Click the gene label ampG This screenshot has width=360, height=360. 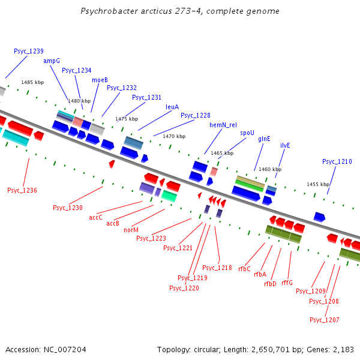click(52, 61)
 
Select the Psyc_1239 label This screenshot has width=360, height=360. click(29, 51)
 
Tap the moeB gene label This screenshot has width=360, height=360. click(100, 80)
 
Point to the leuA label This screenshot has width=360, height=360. click(172, 107)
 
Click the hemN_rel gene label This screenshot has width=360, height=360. click(223, 125)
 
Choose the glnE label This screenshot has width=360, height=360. click(264, 139)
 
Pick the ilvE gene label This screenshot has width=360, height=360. click(285, 145)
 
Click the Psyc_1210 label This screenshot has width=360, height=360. click(337, 161)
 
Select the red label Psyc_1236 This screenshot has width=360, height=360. click(22, 190)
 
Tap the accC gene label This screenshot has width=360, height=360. click(95, 217)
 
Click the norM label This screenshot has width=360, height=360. click(131, 230)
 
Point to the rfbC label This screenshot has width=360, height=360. click(244, 269)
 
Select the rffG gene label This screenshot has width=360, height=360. click(287, 283)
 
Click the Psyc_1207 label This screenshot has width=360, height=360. click(325, 320)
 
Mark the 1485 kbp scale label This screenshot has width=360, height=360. click(32, 82)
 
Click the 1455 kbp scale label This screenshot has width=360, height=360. click(318, 184)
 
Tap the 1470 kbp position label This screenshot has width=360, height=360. click(174, 136)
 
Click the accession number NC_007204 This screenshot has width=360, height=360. click(65, 350)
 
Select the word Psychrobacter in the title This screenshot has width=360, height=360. click(109, 11)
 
